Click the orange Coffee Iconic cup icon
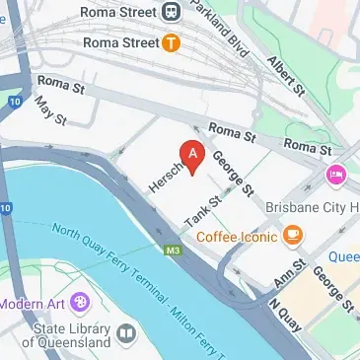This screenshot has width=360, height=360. click(x=292, y=235)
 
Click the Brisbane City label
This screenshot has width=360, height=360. click(x=312, y=208)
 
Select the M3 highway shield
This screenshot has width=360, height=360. click(x=174, y=251)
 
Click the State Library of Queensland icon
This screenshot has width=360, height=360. click(x=125, y=334)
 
